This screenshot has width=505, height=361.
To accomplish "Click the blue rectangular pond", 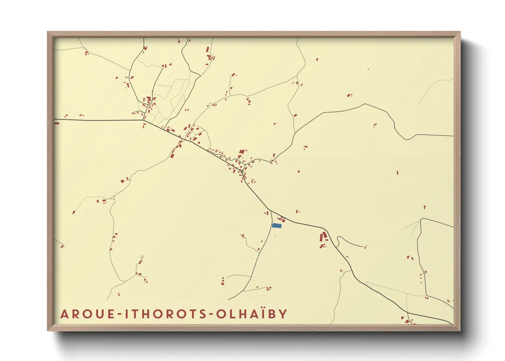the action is point(276,226).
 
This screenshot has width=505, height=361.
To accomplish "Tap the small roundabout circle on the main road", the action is point(242,172).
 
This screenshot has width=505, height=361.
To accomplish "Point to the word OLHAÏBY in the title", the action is point(251,314).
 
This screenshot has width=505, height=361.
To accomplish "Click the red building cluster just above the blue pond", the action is point(282,219).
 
